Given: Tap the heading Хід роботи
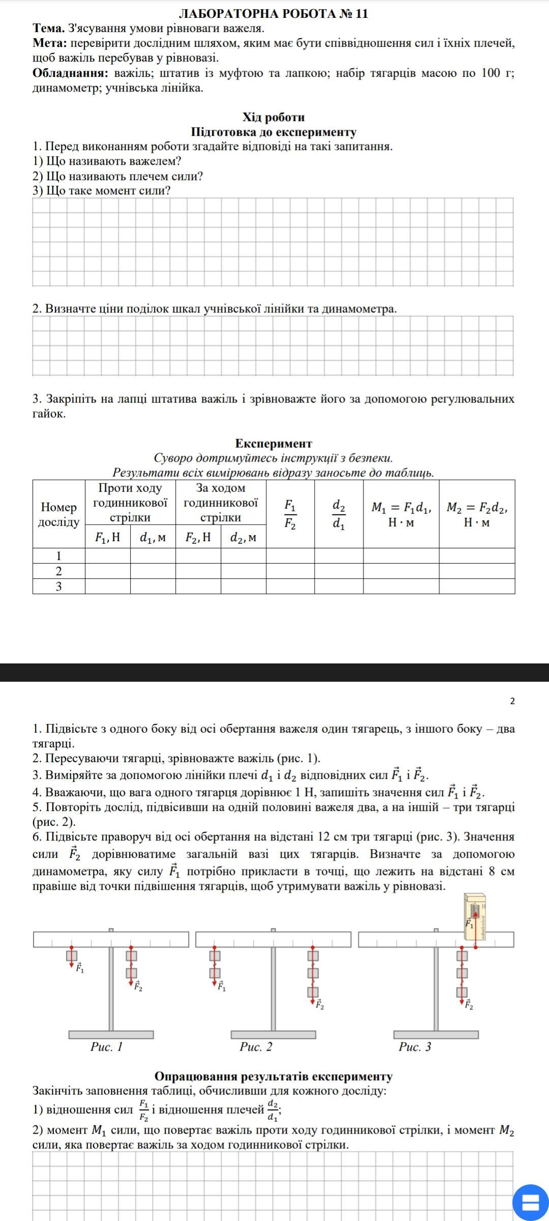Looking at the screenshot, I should (273, 118).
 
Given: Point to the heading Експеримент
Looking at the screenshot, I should (273, 443).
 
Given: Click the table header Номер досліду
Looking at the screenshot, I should (59, 514).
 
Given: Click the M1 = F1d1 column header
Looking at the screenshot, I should (401, 514).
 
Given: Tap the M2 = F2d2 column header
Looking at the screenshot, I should (477, 514).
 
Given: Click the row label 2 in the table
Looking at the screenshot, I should (59, 571).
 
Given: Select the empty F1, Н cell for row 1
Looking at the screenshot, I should (108, 556).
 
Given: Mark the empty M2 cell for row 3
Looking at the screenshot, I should (477, 586).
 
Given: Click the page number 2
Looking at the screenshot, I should (512, 701).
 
